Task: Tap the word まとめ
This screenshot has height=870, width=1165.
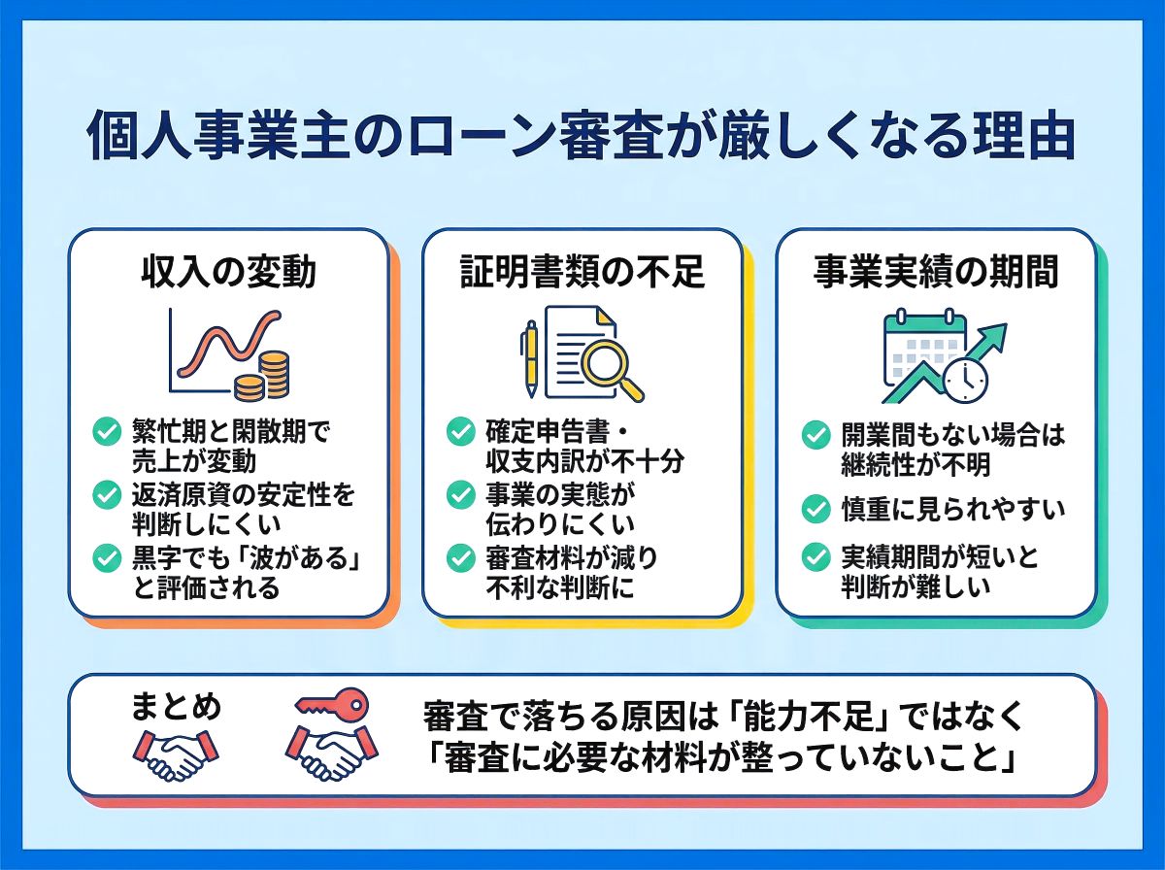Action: coord(176,706)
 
